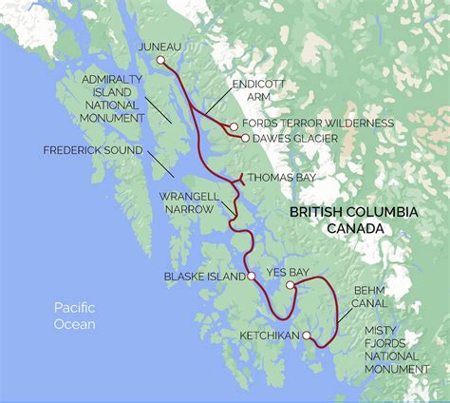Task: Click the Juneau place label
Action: (x=159, y=46)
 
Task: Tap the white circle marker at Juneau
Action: (x=160, y=61)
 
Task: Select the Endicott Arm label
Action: (x=257, y=91)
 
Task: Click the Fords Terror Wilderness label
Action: (x=317, y=124)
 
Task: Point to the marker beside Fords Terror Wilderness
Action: (x=234, y=125)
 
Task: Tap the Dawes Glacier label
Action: (x=292, y=138)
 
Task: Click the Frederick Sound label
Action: (x=92, y=150)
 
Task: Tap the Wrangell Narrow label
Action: (x=189, y=201)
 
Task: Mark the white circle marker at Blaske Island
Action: (x=251, y=278)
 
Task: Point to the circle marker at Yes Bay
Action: (x=290, y=284)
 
